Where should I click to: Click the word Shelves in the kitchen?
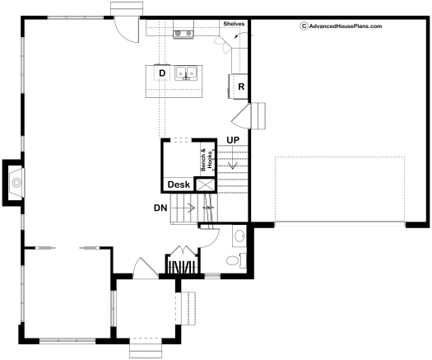(x=234, y=24)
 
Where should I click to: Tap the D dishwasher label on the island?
(x=162, y=73)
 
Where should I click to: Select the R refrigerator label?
(x=241, y=86)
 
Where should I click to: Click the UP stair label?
(x=233, y=140)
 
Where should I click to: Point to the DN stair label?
(x=160, y=208)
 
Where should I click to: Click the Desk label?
(x=179, y=185)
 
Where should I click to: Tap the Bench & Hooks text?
(x=207, y=160)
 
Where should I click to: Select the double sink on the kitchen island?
(x=186, y=73)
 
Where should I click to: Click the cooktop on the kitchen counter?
(x=183, y=34)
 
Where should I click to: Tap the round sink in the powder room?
(x=239, y=236)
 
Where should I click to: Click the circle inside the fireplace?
(x=16, y=182)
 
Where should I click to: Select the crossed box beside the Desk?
(x=205, y=185)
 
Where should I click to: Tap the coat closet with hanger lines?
(x=183, y=264)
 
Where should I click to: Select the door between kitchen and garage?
(x=241, y=116)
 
